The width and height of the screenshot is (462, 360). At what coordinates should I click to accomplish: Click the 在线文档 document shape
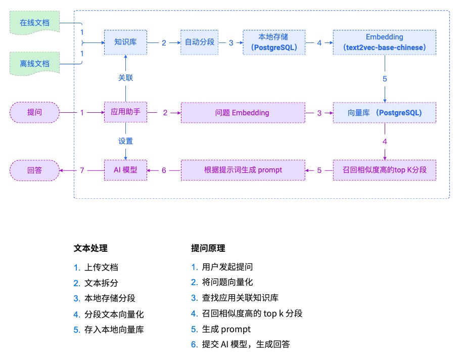point(34,23)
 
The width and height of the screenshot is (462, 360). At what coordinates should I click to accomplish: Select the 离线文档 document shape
point(34,64)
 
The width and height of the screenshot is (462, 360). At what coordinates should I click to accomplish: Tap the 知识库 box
point(125,42)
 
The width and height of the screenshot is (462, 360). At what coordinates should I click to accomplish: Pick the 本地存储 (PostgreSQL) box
point(274,42)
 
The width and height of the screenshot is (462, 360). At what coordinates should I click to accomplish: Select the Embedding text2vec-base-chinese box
point(384,42)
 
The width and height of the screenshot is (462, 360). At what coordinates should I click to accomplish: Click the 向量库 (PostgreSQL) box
point(384,113)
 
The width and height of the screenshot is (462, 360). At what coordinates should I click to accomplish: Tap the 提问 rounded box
point(34,113)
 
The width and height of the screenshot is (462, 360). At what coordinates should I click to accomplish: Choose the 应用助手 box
point(125,113)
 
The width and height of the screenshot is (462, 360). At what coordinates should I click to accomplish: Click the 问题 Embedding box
point(243,113)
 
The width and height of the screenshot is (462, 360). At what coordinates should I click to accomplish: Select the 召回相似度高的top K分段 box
point(384,170)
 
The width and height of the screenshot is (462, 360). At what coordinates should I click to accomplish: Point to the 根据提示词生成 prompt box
point(243,170)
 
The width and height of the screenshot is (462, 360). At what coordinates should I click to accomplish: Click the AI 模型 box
point(125,170)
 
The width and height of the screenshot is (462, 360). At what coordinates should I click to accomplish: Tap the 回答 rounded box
point(34,170)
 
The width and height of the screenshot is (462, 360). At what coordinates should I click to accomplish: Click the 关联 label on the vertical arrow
point(125,78)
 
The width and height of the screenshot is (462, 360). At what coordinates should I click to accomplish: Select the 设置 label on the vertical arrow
point(125,141)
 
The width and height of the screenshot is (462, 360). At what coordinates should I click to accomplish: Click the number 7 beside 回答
point(82,170)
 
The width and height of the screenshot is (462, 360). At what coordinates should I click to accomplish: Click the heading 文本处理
point(90,248)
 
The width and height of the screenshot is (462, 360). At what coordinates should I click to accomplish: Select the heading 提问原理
point(208,248)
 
